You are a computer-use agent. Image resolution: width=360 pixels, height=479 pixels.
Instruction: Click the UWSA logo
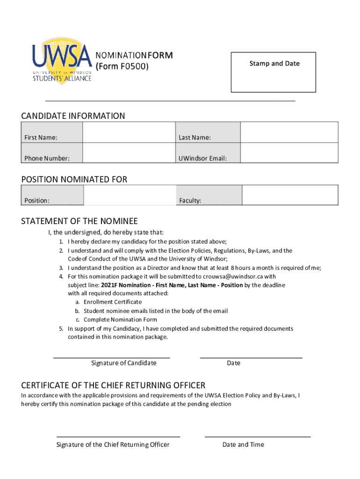pos(62,62)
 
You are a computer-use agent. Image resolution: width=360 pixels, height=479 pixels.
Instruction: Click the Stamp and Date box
pos(274,73)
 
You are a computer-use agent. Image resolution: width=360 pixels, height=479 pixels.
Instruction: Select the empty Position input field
pos(130,195)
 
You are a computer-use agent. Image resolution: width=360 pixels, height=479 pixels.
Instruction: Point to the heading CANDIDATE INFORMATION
pos(73,116)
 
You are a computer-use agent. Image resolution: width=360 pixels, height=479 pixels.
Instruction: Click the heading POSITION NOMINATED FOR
pos(74,180)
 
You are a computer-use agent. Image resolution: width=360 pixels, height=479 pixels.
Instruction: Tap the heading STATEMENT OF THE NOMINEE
pos(79,221)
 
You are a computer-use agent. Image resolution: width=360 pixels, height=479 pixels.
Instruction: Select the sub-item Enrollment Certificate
pos(113,302)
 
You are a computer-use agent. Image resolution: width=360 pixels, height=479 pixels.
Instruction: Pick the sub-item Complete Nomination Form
pos(120,320)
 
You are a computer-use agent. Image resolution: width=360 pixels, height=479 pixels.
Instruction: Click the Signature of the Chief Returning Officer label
pos(113,444)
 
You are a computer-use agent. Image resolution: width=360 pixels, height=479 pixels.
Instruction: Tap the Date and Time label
pos(243,444)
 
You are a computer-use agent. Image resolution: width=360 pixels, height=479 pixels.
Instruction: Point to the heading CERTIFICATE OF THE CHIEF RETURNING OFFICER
pos(113,385)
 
